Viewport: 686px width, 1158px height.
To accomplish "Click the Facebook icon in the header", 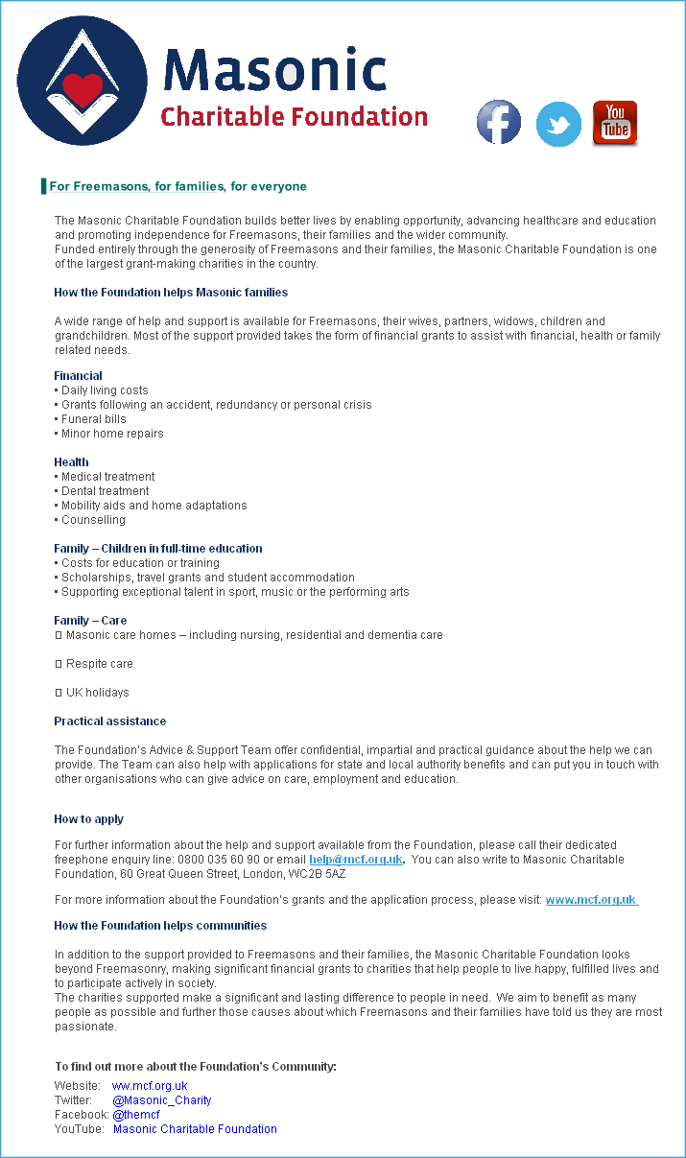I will pos(499,123).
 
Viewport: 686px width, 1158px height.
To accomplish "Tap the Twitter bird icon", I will pos(558,124).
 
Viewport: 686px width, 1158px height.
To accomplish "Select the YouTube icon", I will pos(615,123).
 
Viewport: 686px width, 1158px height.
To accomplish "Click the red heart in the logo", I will pos(82,90).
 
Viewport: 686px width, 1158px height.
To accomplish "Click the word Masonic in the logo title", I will pos(274,71).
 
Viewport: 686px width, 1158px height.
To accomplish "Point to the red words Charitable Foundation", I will pos(294,117).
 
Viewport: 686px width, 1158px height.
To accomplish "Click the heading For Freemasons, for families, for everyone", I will pos(177,186).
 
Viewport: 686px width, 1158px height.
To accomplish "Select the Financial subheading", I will pos(78,376).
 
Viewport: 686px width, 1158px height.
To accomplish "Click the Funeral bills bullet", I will pos(93,419).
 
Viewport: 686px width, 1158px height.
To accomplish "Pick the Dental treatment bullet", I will pos(105,491).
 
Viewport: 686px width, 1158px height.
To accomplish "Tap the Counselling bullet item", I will pos(93,520).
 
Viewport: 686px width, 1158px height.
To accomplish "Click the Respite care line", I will pos(99,664).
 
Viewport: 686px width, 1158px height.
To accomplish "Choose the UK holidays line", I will pos(97,693).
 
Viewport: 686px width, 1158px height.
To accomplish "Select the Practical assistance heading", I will pos(109,721).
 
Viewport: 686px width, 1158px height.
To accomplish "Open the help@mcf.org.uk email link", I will pos(355,860).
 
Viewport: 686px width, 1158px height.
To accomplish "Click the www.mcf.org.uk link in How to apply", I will pos(591,900).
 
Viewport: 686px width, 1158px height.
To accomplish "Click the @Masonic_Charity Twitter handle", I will pos(161,1100).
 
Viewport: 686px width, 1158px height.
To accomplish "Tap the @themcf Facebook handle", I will pos(135,1115).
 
